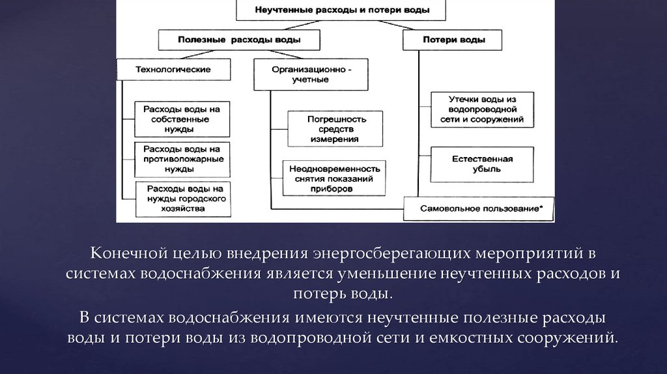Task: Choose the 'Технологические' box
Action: coord(173,70)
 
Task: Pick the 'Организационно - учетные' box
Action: coord(310,74)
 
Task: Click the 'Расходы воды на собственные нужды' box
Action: coord(182,119)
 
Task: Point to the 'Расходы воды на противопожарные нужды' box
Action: coord(182,159)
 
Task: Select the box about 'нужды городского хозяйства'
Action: coord(182,199)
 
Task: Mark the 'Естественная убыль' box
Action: coord(483,164)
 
